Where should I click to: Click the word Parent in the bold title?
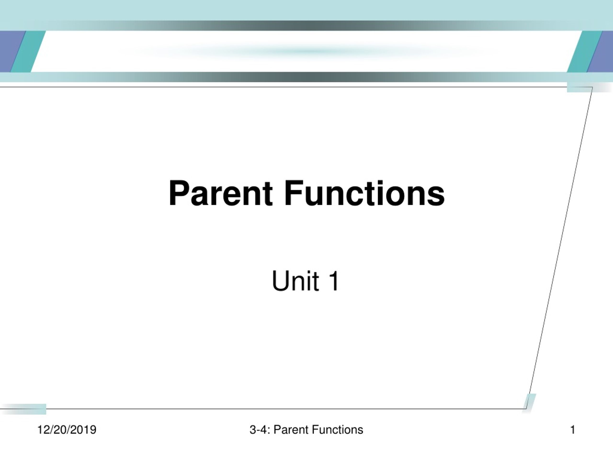pyautogui.click(x=221, y=193)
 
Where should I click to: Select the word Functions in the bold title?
pyautogui.click(x=364, y=193)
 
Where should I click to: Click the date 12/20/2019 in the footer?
pyautogui.click(x=67, y=430)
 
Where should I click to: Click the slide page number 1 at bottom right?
pyautogui.click(x=573, y=430)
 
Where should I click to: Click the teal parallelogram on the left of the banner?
pyautogui.click(x=28, y=51)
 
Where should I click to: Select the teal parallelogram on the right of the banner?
pyautogui.click(x=585, y=51)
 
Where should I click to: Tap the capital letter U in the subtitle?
pyautogui.click(x=280, y=281)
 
